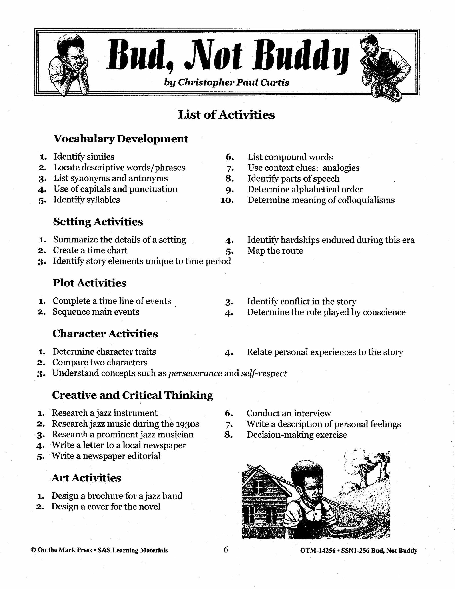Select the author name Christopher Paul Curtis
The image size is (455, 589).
tap(233, 82)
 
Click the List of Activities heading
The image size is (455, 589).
tap(226, 115)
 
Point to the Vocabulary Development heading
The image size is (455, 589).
tap(121, 139)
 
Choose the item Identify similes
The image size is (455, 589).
tap(84, 157)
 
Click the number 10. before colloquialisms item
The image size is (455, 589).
tap(227, 200)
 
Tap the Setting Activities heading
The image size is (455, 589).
tap(98, 222)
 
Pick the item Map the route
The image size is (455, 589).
tap(275, 251)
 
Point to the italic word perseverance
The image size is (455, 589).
tap(195, 373)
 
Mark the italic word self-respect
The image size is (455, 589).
tap(264, 373)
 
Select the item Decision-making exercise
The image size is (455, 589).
tap(297, 435)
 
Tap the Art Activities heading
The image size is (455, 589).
tap(86, 478)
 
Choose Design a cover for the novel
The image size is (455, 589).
tap(106, 507)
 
